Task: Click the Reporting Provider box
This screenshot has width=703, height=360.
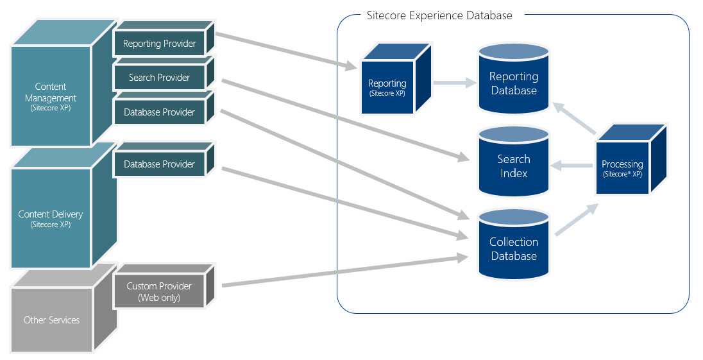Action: coord(160,44)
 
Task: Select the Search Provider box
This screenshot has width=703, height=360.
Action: coord(160,78)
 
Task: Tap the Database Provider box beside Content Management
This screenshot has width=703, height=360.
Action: coord(160,112)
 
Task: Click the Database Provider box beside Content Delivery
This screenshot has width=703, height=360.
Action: coord(160,164)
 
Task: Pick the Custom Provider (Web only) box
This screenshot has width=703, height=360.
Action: coord(159,291)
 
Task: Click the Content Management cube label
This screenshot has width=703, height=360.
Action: coord(51,97)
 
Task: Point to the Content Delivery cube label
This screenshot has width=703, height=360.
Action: coord(51,218)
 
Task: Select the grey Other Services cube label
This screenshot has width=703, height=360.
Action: coord(51,320)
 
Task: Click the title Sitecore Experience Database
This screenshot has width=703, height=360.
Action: coord(439,15)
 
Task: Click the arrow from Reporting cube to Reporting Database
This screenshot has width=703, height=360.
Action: coord(454,83)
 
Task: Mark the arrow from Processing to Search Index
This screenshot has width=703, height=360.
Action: coord(572,166)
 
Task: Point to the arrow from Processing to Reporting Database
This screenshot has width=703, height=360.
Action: coord(575,119)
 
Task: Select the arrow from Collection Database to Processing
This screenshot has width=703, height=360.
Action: coord(577,220)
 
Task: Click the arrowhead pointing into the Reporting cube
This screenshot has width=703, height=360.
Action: coord(350,66)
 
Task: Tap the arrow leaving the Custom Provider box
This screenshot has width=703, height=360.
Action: coord(340,271)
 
